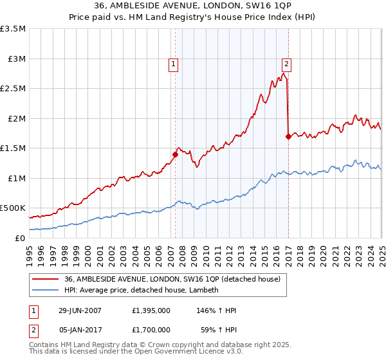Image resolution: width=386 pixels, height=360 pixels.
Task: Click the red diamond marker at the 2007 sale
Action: click(175, 154)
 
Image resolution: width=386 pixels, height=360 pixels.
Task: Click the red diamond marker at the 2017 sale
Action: click(288, 136)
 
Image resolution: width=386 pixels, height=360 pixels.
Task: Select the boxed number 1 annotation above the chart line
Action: click(174, 64)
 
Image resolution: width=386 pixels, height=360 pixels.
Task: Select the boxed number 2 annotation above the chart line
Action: click(286, 64)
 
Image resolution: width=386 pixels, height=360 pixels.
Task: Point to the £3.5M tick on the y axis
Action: click(13, 30)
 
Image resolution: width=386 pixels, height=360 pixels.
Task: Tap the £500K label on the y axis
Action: click(13, 208)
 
